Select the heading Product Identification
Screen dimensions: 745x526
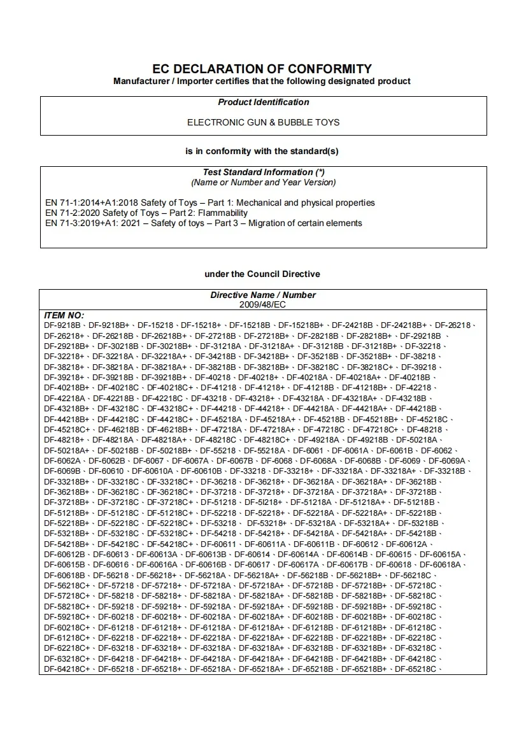263,103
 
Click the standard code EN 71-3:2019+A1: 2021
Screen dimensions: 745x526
92,223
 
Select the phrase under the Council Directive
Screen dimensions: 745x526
262,274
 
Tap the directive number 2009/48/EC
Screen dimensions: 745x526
263,305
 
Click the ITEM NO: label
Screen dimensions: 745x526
64,315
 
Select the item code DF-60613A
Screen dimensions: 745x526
157,555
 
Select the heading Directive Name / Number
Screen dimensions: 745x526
263,295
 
